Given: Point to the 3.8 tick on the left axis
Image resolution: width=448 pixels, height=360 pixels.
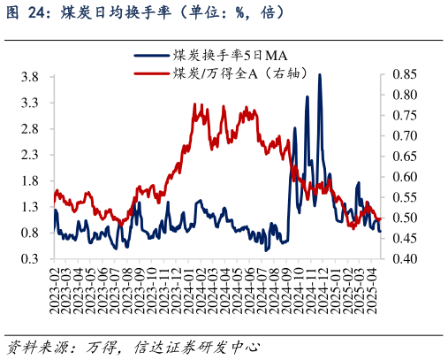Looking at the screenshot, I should [29, 77].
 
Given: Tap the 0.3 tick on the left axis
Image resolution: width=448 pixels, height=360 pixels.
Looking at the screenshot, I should [29, 259].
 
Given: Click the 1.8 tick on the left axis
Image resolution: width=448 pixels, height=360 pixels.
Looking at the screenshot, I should [29, 181].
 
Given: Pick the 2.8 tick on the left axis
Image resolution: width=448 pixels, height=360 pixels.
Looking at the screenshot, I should [29, 129].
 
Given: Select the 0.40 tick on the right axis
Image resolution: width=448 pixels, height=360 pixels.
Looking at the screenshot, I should [404, 259].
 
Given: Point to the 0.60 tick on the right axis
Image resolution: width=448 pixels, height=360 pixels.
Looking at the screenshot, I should [404, 177].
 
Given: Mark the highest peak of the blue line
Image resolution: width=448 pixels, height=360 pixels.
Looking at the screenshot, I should [319, 75].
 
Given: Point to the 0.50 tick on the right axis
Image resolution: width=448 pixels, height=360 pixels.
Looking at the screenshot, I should [404, 218].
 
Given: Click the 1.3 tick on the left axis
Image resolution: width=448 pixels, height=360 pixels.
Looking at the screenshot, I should [29, 207].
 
